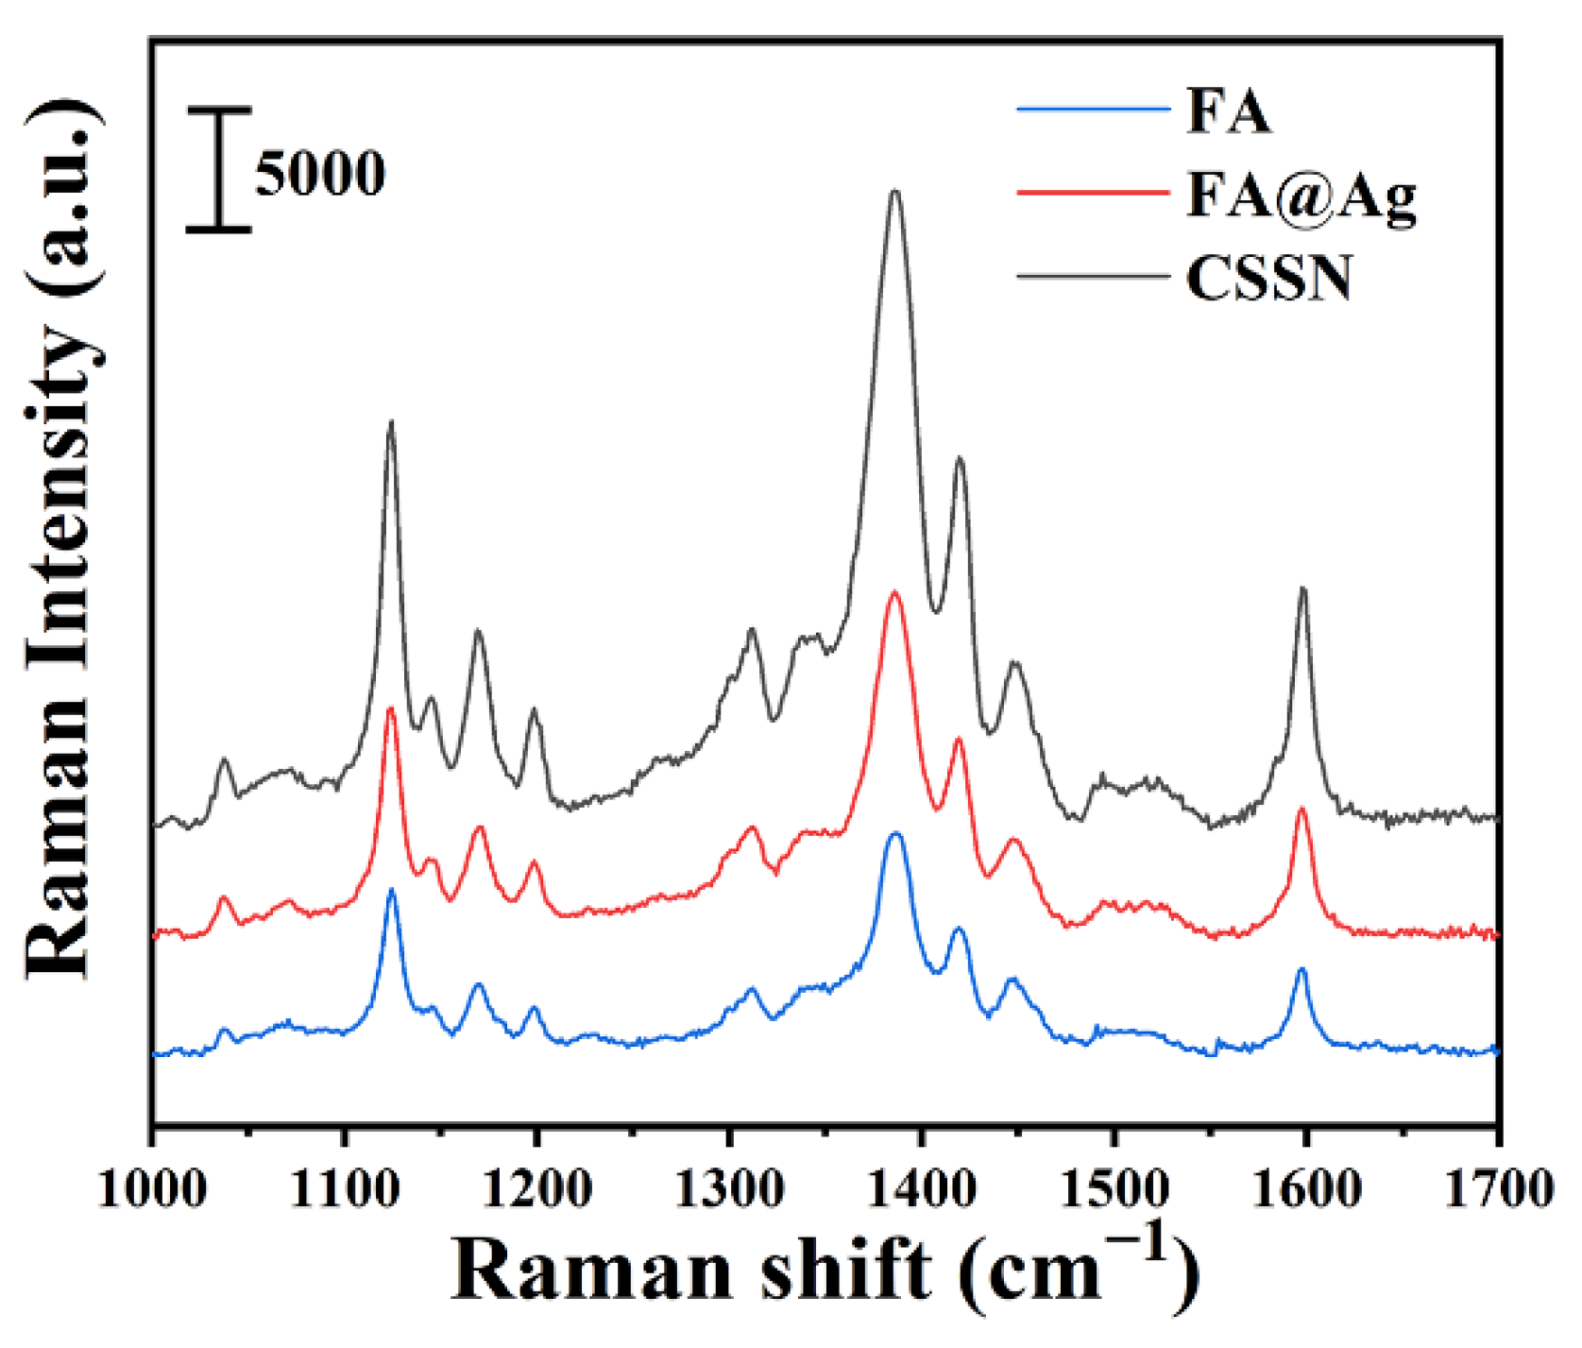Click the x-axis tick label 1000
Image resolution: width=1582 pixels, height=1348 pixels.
click(x=151, y=1188)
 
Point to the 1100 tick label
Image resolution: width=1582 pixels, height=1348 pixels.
click(x=345, y=1188)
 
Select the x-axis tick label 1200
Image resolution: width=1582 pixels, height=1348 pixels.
click(x=536, y=1188)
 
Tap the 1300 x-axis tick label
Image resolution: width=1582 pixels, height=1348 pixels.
click(x=729, y=1188)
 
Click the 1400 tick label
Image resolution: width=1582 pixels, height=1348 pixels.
click(x=922, y=1188)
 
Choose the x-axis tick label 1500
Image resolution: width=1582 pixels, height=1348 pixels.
click(x=1114, y=1188)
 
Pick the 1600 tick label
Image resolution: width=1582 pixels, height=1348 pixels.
click(x=1306, y=1188)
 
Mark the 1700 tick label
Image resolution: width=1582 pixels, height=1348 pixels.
click(x=1499, y=1188)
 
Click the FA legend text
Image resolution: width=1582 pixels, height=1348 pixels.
click(x=1228, y=111)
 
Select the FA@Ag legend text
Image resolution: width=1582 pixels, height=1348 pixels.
click(x=1301, y=196)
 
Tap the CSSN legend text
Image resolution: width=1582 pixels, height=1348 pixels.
click(x=1268, y=279)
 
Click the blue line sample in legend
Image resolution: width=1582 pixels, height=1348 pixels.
click(x=1093, y=110)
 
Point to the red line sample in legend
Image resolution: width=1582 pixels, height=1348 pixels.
click(x=1093, y=192)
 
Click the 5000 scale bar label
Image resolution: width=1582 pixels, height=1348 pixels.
click(x=320, y=174)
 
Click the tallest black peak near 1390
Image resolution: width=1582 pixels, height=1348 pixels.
click(x=894, y=195)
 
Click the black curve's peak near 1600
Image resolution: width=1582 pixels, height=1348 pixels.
click(x=1303, y=590)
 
